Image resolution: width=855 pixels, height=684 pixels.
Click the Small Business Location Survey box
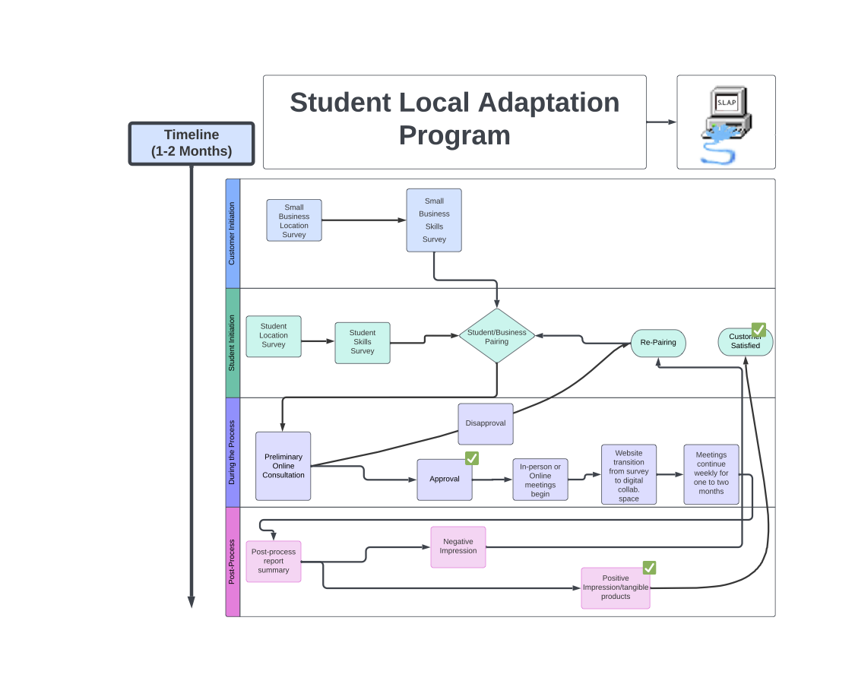pyautogui.click(x=293, y=220)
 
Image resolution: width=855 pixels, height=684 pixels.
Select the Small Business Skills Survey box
pyautogui.click(x=434, y=220)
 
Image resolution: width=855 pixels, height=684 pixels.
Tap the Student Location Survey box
pyautogui.click(x=274, y=336)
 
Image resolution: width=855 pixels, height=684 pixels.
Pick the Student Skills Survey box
pyautogui.click(x=363, y=343)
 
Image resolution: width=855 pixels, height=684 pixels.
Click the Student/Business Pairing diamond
pyautogui.click(x=497, y=336)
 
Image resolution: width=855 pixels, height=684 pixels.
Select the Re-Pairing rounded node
pyautogui.click(x=658, y=343)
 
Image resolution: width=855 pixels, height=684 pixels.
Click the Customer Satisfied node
pyautogui.click(x=745, y=342)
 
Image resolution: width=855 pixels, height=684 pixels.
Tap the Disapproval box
pyautogui.click(x=486, y=424)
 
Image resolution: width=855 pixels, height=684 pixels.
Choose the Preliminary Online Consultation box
pyautogui.click(x=283, y=466)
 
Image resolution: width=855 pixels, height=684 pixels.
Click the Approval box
pyautogui.click(x=445, y=480)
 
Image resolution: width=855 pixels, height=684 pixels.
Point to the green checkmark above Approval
pyautogui.click(x=472, y=458)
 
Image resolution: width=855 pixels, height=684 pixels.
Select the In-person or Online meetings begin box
pyautogui.click(x=540, y=480)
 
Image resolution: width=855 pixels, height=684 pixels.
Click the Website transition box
pyautogui.click(x=629, y=474)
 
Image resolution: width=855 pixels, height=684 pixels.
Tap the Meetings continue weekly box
pyautogui.click(x=711, y=474)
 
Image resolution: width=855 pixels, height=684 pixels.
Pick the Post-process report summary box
pyautogui.click(x=274, y=562)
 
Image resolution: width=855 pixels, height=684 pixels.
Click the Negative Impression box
pyautogui.click(x=458, y=547)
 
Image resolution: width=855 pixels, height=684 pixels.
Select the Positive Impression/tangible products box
pyautogui.click(x=616, y=588)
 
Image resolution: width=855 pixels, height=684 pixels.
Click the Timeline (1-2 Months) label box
pyautogui.click(x=192, y=144)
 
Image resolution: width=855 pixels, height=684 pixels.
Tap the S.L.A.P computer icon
pyautogui.click(x=726, y=122)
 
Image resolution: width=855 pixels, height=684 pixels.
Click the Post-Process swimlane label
pyautogui.click(x=233, y=562)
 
